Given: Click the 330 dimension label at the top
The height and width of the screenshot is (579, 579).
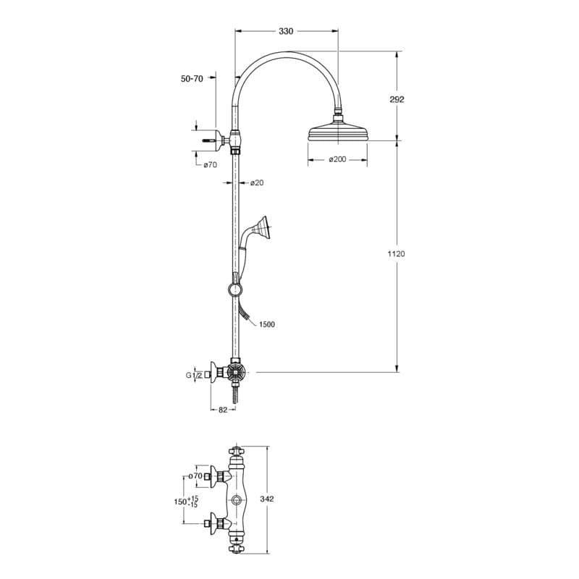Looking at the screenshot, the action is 286,31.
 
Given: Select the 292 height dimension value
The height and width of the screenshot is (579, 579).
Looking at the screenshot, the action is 397,99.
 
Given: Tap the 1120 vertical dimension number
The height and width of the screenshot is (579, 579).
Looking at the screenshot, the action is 396,254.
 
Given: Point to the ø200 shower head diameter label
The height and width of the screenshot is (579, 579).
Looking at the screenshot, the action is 337,159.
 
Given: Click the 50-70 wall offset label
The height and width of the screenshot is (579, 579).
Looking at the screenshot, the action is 192,78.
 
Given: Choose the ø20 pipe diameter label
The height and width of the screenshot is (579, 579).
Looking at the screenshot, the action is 257,182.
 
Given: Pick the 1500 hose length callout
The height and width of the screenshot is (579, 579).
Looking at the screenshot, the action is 267,324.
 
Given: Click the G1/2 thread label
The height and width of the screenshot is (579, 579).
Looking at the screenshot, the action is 194,376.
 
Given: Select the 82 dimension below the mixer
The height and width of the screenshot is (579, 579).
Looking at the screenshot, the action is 223,410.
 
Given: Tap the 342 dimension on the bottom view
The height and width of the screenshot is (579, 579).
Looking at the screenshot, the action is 267,499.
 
